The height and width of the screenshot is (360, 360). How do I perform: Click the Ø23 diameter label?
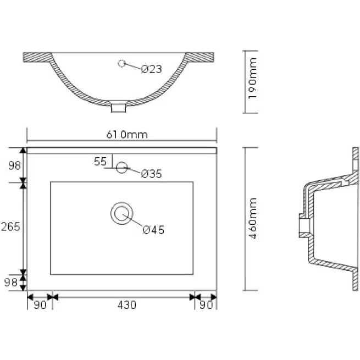[x=151, y=69]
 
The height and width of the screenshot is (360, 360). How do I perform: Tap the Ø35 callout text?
[x=151, y=174]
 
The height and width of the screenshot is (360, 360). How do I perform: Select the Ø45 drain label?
[x=153, y=230]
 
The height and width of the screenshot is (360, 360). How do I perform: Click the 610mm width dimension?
[x=127, y=135]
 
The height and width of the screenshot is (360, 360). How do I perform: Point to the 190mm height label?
[x=252, y=78]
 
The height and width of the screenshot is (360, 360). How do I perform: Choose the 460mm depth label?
[x=252, y=218]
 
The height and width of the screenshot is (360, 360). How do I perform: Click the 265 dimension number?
[x=10, y=227]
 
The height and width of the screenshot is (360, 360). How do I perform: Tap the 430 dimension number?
[x=127, y=305]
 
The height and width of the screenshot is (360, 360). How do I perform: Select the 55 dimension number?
[x=100, y=162]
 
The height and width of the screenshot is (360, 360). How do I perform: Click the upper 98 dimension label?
[x=14, y=165]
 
